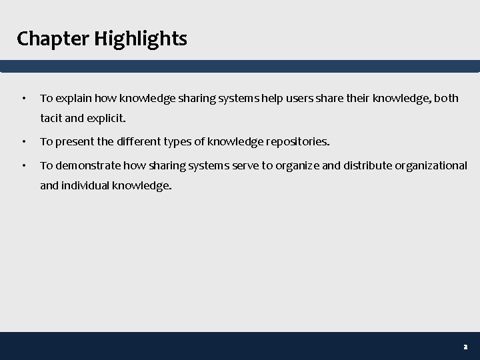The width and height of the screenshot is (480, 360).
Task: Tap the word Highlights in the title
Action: point(141,39)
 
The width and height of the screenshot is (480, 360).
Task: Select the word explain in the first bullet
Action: point(73,99)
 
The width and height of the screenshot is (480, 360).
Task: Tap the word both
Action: point(447,99)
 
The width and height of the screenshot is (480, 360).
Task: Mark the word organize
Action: point(297,165)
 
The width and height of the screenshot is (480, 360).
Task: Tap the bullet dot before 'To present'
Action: point(24,142)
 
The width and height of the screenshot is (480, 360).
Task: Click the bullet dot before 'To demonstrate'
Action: point(24,165)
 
